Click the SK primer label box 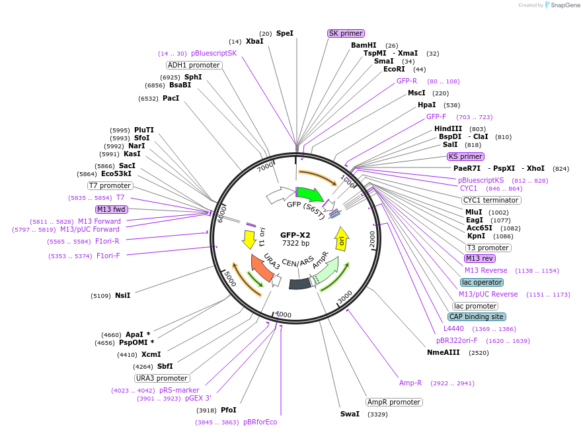click(346, 33)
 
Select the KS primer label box click(465, 157)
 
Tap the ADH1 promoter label click(194, 65)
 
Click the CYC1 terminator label click(491, 200)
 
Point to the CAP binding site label click(477, 316)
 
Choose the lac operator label click(482, 282)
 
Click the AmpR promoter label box click(394, 402)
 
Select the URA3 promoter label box click(162, 378)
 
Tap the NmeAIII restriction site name click(444, 353)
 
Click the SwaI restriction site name click(350, 414)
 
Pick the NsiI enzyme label click(122, 295)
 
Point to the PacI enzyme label click(171, 99)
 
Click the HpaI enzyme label click(426, 105)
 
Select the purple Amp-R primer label click(410, 383)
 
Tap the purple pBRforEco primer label click(260, 422)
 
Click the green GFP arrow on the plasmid click(309, 194)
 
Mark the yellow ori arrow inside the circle click(341, 237)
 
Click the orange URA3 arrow click(262, 269)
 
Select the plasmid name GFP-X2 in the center click(295, 235)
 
